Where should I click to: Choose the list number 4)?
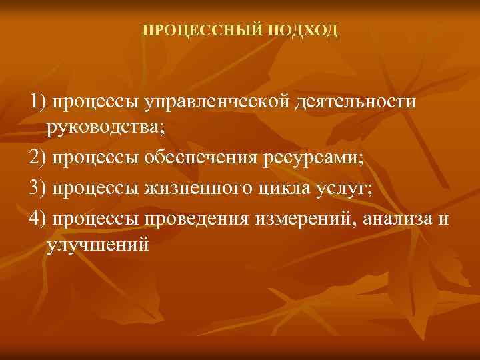[x=38, y=219]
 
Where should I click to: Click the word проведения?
[x=201, y=219]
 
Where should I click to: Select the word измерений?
[x=303, y=219]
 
